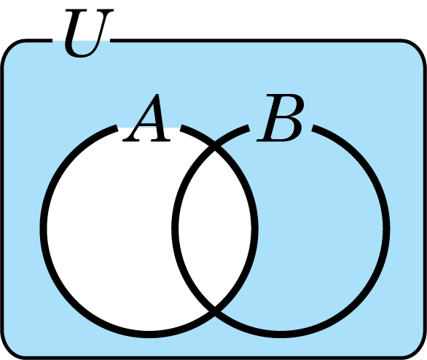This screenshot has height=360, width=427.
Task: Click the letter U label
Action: point(89,34)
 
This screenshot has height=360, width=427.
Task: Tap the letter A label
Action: point(147,117)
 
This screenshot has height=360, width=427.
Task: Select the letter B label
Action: point(281,117)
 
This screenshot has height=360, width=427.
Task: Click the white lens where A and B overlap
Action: point(215,229)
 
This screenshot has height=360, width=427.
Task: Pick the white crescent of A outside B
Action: point(109,229)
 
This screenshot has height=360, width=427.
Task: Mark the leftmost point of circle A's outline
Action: point(43,229)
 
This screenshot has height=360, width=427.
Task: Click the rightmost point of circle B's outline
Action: point(386,229)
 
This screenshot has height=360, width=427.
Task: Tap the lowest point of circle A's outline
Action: point(149,334)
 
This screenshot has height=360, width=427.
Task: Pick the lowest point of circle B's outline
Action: point(281,334)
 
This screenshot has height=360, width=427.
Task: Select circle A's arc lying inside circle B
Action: point(254,229)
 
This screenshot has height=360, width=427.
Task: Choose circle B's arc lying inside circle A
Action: point(176,229)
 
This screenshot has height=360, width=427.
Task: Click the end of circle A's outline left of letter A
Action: point(117,128)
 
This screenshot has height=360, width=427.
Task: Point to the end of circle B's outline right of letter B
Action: point(314,128)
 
